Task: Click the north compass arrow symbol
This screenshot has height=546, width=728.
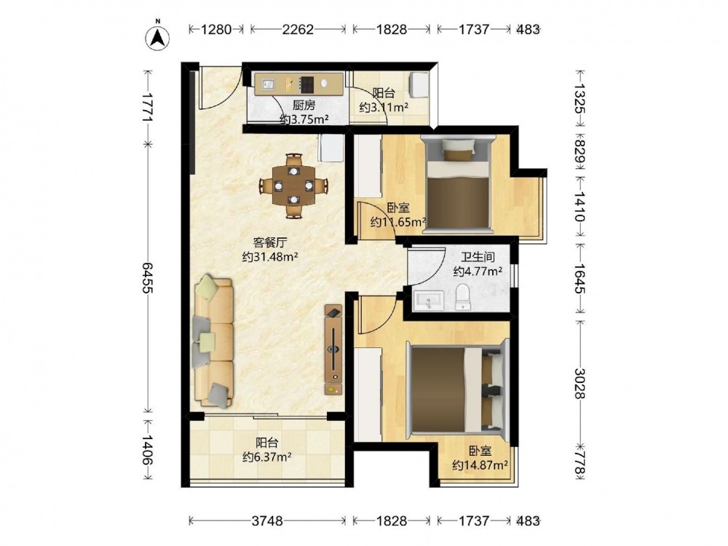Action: tap(158, 37)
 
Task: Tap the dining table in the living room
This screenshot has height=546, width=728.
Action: tap(293, 186)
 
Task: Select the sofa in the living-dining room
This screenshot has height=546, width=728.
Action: tap(213, 342)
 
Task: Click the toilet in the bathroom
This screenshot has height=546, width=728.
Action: tap(463, 298)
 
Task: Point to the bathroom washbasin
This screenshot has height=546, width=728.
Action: tap(429, 301)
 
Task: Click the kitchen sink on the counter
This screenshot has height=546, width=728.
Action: tap(267, 84)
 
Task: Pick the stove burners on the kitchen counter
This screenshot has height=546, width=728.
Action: tap(307, 84)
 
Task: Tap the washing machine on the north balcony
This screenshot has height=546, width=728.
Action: tap(419, 85)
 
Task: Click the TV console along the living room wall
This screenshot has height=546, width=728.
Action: tap(333, 349)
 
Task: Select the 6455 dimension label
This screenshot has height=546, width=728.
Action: tap(147, 277)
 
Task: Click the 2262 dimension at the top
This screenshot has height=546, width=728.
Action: tap(298, 29)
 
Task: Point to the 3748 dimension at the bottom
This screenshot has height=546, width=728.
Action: tap(267, 521)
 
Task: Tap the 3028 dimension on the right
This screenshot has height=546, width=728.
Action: tap(580, 384)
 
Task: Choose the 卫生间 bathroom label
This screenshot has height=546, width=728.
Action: tap(478, 257)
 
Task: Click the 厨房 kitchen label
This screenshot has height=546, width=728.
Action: tap(304, 106)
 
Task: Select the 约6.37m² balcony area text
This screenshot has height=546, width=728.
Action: tap(267, 457)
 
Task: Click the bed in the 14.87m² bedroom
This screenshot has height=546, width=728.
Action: tap(458, 388)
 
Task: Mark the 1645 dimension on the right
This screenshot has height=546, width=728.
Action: tap(580, 279)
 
